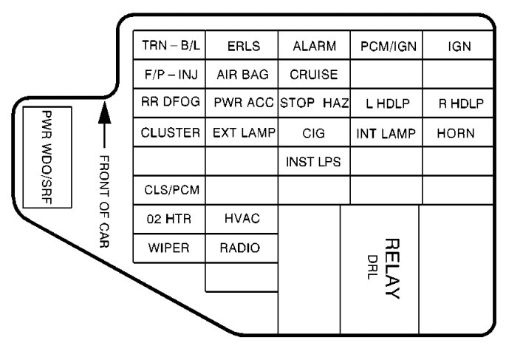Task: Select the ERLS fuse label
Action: point(241,47)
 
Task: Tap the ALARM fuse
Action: point(314,47)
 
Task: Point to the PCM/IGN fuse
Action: point(387,47)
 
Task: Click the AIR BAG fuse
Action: point(241,75)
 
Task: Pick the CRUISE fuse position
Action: point(314,75)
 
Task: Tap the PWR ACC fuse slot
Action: point(241,103)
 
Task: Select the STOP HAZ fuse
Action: point(314,103)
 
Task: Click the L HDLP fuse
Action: point(387,103)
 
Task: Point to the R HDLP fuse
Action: point(459,103)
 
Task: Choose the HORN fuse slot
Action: point(459,133)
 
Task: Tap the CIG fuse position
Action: point(314,133)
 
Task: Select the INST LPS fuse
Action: point(314,161)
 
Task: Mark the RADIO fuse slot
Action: point(241,247)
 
